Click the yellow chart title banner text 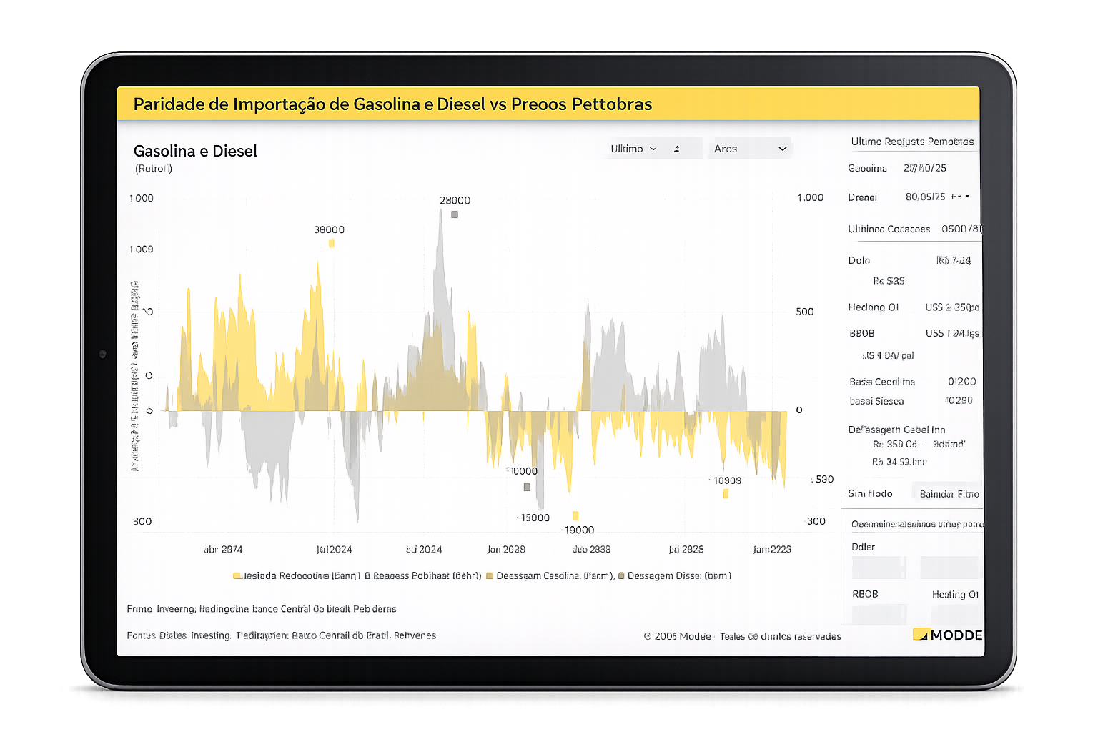(392, 104)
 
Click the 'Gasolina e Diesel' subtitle (195, 151)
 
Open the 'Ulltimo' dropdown (633, 149)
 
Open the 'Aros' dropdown (749, 149)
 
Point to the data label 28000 (455, 200)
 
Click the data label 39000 (330, 229)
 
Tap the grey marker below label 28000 (455, 214)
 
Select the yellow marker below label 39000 (332, 244)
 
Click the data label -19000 (578, 530)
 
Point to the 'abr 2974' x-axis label (223, 549)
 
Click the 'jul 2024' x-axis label (335, 549)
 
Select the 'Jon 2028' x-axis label (506, 549)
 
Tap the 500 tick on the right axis (805, 312)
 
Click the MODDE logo (948, 635)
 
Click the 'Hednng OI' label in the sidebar (874, 307)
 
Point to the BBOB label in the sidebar (862, 333)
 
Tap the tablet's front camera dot (102, 354)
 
